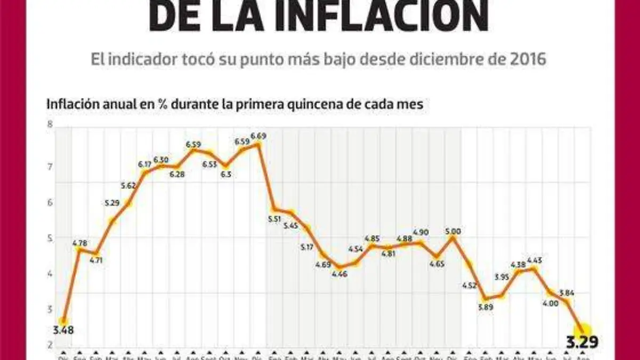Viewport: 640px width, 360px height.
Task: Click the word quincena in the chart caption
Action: coord(299,104)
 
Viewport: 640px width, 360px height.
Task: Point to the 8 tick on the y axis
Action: coord(50,124)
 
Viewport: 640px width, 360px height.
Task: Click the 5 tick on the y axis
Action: coord(50,238)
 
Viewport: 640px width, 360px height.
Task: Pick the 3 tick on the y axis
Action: coord(50,309)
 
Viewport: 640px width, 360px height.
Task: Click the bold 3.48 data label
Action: coord(63,330)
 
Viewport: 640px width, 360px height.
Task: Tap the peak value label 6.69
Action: coord(258,136)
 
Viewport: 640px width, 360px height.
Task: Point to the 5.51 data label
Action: coord(275,219)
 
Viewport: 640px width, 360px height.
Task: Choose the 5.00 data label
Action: coord(453,231)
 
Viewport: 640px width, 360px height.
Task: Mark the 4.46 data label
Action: coord(340,274)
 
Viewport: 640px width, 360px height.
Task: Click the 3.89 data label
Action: coord(486,307)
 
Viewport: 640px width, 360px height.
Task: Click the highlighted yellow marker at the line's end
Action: coord(583,331)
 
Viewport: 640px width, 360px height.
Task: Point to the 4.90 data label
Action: coord(420,233)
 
